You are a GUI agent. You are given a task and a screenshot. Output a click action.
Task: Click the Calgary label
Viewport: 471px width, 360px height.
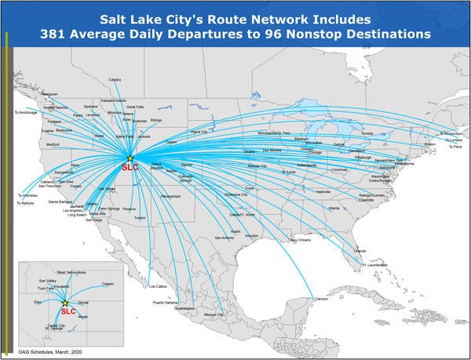115,79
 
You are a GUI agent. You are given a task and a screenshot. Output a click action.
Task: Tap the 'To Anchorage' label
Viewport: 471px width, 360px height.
26,112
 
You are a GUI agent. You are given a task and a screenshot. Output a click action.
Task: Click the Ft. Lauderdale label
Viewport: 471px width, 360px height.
376,264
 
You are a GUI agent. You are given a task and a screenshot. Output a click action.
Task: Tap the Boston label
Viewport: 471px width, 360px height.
429,144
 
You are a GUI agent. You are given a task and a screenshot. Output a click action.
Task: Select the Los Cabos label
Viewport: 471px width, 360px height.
157,286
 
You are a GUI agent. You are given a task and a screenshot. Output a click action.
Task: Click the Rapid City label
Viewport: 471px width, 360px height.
199,132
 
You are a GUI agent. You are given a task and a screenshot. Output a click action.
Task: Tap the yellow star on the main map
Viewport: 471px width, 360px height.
130,158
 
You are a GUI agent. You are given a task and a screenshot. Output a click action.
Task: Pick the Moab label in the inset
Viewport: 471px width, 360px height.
83,316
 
